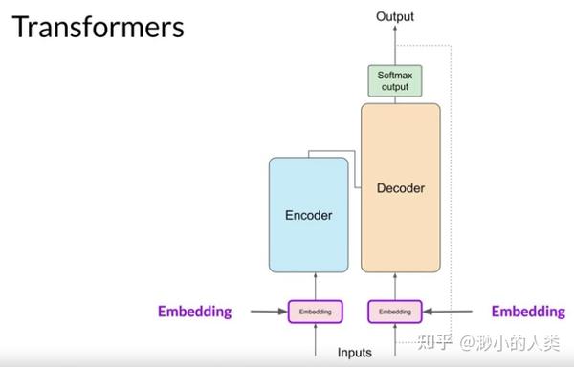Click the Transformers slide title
(98, 26)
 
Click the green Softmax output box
(394, 81)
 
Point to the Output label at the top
(395, 16)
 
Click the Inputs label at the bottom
(354, 353)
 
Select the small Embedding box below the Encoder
(315, 312)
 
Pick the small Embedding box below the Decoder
(394, 312)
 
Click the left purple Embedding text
(195, 312)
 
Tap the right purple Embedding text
(527, 312)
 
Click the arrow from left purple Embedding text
(267, 312)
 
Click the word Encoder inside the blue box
(308, 216)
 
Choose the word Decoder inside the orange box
(401, 188)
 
